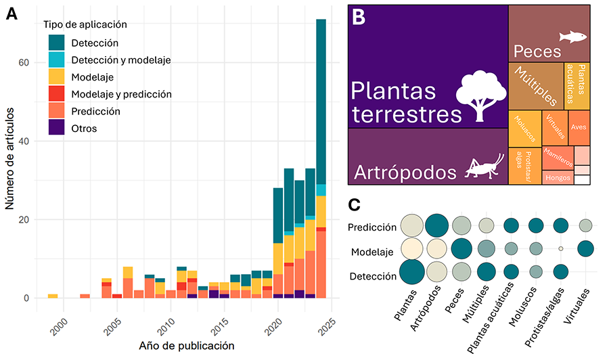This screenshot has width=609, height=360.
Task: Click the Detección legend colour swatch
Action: [x=56, y=43]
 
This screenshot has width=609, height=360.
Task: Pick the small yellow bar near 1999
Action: [x=53, y=296]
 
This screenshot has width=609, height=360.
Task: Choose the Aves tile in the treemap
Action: [x=579, y=127]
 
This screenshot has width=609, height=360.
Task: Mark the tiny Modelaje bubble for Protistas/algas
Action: [x=560, y=249]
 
